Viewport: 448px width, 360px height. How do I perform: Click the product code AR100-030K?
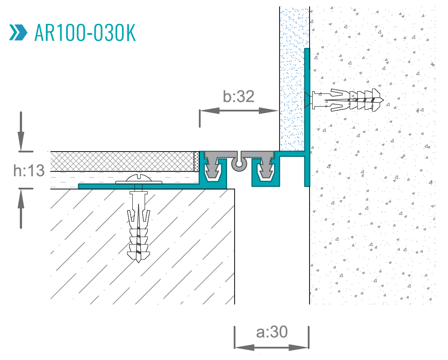click(85, 33)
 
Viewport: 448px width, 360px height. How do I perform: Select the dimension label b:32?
click(239, 96)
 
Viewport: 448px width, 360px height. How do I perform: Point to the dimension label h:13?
click(29, 170)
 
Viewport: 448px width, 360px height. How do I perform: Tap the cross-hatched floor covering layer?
click(121, 161)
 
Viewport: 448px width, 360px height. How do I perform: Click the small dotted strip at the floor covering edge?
click(196, 162)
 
